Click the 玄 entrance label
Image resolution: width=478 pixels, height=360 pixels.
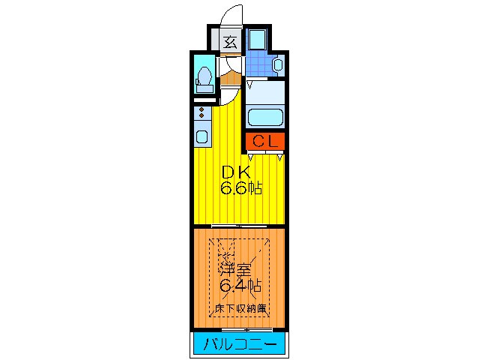[x=230, y=42]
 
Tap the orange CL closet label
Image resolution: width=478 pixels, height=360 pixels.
[x=264, y=140]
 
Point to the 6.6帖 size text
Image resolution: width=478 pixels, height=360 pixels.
[x=240, y=188]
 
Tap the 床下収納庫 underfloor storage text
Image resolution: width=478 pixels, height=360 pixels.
[x=240, y=308]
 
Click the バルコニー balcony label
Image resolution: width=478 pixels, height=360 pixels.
[x=239, y=344]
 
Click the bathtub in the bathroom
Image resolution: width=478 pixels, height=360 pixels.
[x=264, y=117]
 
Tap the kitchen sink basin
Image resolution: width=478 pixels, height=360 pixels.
[x=202, y=137]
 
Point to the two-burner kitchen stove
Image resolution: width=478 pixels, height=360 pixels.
[x=202, y=114]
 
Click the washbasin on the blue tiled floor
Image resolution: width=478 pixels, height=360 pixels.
[x=277, y=65]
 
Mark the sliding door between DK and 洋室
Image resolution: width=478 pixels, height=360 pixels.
[x=239, y=226]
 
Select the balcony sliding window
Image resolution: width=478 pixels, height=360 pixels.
[x=239, y=329]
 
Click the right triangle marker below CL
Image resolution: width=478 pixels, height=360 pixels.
[x=279, y=156]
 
